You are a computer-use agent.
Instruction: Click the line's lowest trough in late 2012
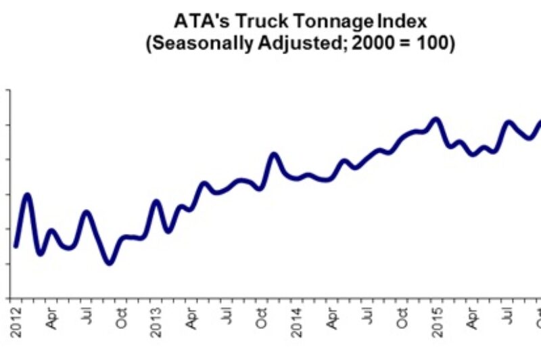(110, 263)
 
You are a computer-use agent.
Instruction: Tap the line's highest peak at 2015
(436, 119)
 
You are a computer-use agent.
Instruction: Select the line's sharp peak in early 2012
(28, 195)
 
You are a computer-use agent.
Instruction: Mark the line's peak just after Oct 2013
(274, 154)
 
